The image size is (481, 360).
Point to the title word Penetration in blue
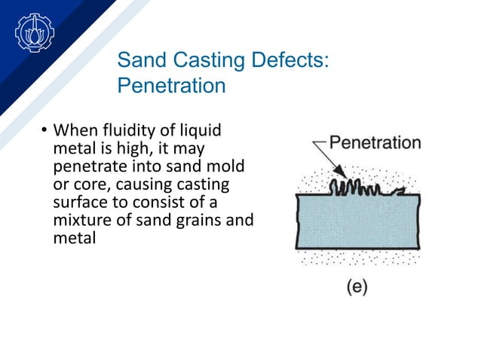171,86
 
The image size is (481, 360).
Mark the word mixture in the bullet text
80,221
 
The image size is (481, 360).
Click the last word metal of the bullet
72,239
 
